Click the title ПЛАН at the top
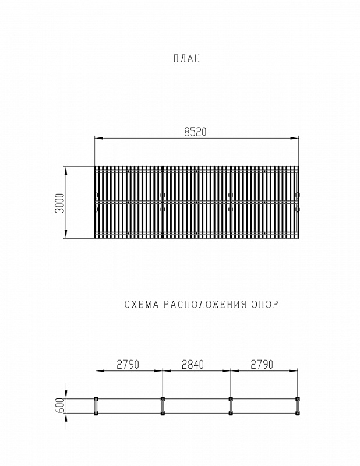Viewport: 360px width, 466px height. click(x=186, y=58)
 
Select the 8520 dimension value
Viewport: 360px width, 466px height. click(x=195, y=132)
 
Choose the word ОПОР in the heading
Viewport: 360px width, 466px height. click(x=264, y=304)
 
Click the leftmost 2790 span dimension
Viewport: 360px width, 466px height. click(x=128, y=365)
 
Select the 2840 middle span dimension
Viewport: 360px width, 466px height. click(x=196, y=365)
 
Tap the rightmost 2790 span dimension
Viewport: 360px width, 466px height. click(x=263, y=365)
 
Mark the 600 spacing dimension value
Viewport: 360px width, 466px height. click(x=59, y=406)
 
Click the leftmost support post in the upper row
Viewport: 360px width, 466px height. click(x=96, y=399)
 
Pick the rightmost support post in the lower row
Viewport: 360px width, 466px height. click(x=298, y=414)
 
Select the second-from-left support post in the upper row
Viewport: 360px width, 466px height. click(x=163, y=399)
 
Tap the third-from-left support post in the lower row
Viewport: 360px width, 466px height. click(x=231, y=414)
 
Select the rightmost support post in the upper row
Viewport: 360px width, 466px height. click(x=298, y=399)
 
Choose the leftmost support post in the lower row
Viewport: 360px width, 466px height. click(x=96, y=414)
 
